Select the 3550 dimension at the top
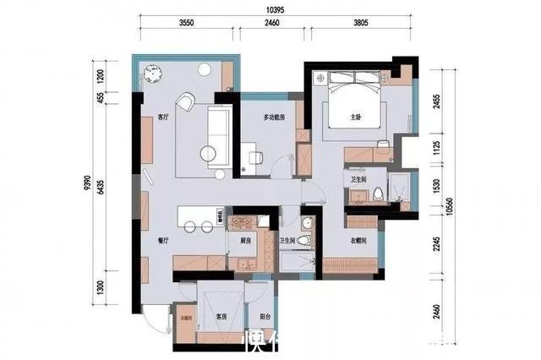pos(187,25)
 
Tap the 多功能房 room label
pos(270,117)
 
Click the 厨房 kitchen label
pos(246,241)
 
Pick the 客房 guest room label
pos(221,316)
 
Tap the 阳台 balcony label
pos(265,316)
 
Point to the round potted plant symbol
pos(153,74)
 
